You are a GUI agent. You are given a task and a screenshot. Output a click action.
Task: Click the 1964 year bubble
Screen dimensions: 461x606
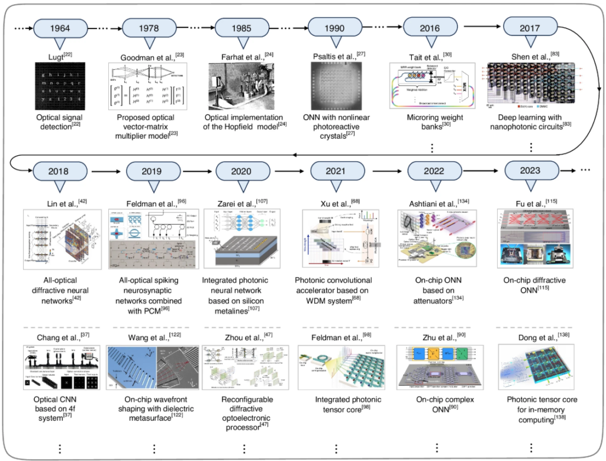click(59, 28)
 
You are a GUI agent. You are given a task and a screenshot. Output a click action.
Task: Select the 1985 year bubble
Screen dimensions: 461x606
click(242, 28)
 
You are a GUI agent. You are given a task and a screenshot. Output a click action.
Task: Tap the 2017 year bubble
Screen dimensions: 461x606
click(530, 28)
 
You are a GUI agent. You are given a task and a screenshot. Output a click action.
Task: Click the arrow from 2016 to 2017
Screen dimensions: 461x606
click(481, 27)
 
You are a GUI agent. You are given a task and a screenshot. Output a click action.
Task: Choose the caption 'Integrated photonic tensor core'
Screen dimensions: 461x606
click(340, 405)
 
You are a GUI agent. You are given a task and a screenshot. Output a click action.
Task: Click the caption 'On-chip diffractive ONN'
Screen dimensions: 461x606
click(530, 285)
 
